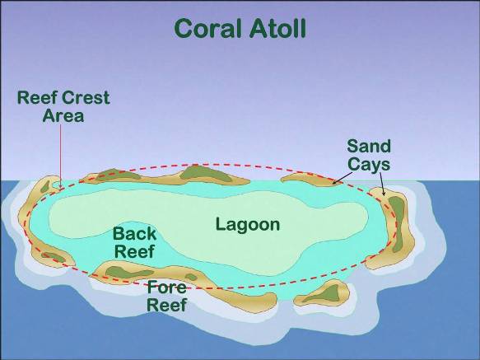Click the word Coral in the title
(x=207, y=29)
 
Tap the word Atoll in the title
(x=277, y=28)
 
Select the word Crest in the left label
(x=87, y=98)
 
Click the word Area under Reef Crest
(x=63, y=116)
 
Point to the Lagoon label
(x=248, y=225)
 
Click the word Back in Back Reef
(x=135, y=234)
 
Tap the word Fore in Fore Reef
(x=167, y=288)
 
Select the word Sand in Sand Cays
(x=369, y=146)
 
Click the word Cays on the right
(x=369, y=164)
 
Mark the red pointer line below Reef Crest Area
(x=60, y=157)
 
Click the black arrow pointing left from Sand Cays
(x=343, y=178)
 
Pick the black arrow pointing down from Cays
(x=382, y=185)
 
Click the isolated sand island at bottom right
(x=321, y=293)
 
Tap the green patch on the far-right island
(x=397, y=223)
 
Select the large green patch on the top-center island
(x=205, y=174)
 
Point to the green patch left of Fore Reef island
(x=128, y=272)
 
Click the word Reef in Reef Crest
(x=37, y=98)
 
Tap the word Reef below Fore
(x=167, y=305)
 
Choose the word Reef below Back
(x=135, y=251)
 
